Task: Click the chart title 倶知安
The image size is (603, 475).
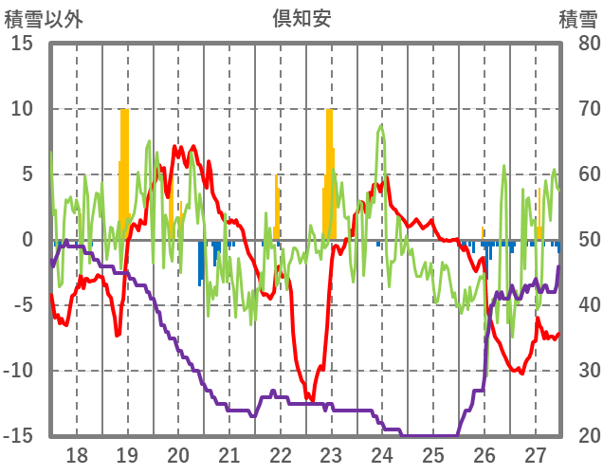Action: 301,17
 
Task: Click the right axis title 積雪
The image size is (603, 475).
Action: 577,17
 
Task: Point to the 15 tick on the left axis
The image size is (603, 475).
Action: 22,43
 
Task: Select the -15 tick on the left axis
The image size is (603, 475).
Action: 18,436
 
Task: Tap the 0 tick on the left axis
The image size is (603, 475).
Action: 27,240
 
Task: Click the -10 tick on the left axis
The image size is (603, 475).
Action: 18,371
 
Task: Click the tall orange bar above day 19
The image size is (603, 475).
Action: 124,171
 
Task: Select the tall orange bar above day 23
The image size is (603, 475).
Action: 329,171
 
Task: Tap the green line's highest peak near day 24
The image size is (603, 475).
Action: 381,125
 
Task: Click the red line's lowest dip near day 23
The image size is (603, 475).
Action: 309,398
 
